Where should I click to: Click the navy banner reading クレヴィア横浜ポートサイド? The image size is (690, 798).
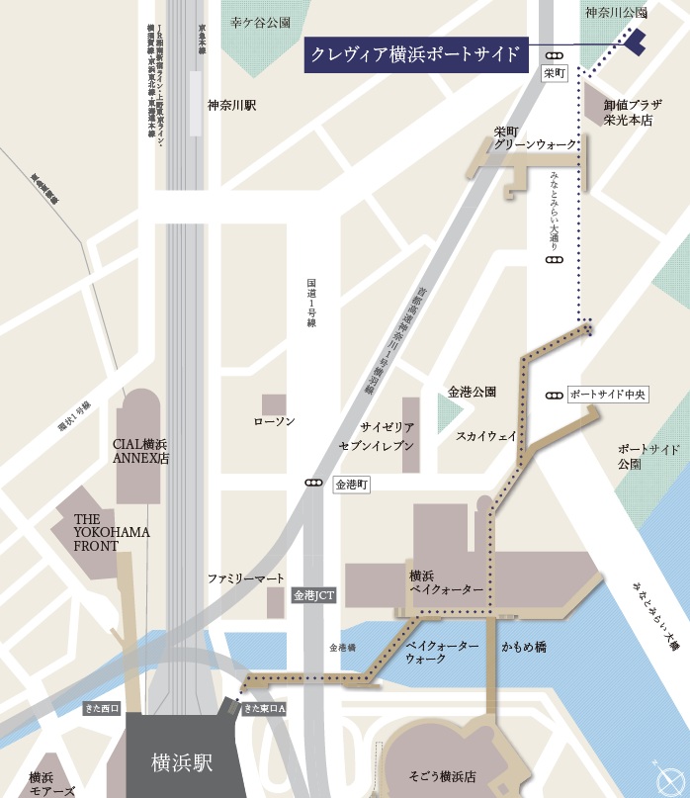pos(413,54)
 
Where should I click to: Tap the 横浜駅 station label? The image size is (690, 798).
pos(182,763)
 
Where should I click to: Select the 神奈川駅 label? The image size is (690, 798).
pos(231,105)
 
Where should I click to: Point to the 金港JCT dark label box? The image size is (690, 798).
pos(313,596)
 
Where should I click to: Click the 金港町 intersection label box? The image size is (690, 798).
pos(351,485)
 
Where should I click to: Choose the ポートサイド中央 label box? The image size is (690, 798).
pos(608,395)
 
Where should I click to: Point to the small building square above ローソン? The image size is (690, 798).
pos(274,404)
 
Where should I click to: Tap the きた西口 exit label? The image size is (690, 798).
pos(102,708)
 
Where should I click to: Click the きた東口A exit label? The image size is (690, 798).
pos(263,707)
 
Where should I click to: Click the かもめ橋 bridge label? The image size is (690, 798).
pos(523,647)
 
